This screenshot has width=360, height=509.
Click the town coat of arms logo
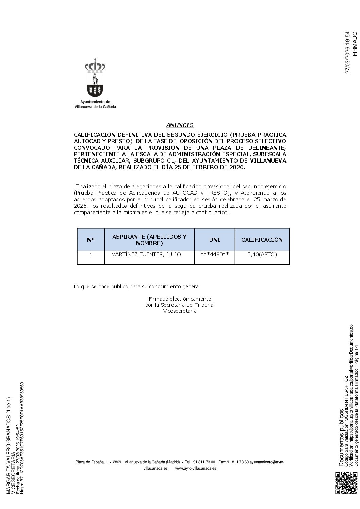[95, 79]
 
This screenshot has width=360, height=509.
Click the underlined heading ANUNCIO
[180, 125]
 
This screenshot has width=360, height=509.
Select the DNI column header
[214, 240]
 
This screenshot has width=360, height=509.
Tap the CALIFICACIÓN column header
[262, 240]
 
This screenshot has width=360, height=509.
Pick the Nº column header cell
[91, 240]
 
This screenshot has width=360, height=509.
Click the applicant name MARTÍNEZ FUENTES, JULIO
[146, 254]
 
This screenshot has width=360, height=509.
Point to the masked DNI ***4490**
[214, 254]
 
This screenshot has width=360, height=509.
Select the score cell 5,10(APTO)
[262, 254]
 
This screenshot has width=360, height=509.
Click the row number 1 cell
[91, 254]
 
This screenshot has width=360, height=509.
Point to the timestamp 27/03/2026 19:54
[347, 53]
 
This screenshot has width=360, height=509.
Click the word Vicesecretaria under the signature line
[180, 311]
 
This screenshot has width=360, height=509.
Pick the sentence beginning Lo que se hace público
[137, 287]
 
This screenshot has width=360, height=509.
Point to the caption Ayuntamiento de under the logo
[95, 102]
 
